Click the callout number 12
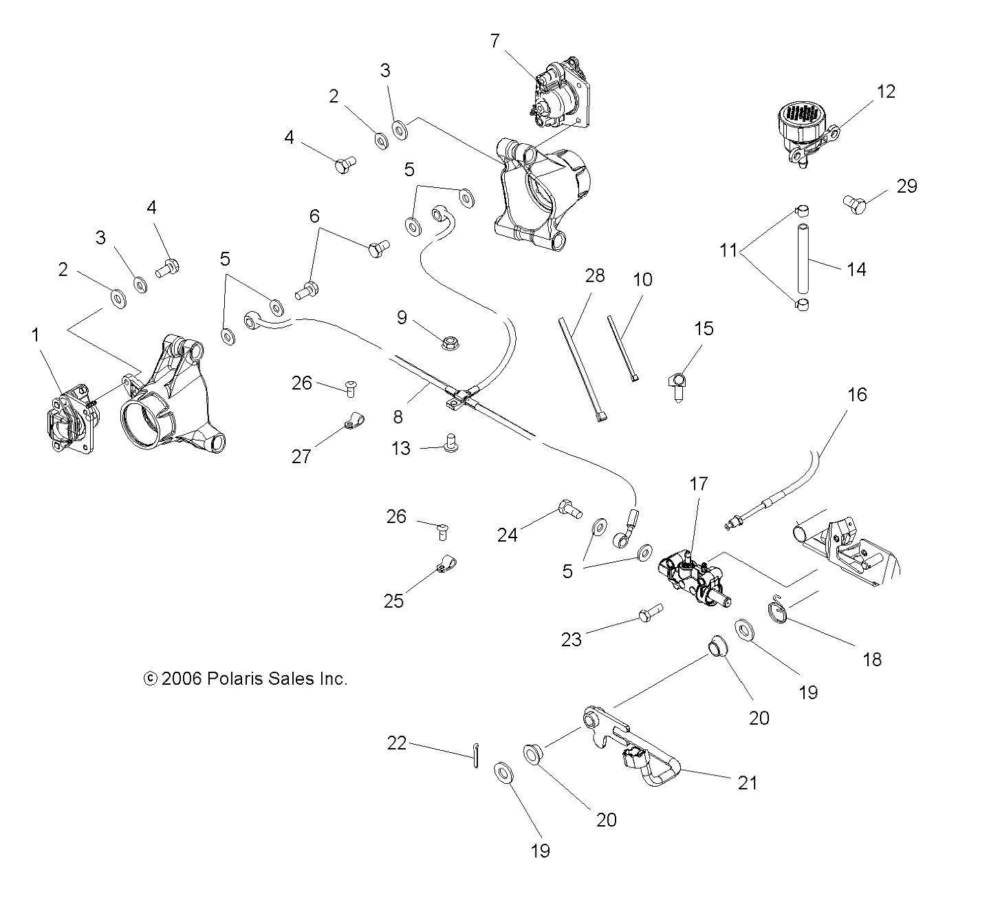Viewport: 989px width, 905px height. point(887,92)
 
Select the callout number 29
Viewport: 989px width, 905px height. point(907,186)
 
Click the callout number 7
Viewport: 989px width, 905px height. point(495,41)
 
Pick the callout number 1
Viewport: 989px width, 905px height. point(36,335)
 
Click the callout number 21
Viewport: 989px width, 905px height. point(747,782)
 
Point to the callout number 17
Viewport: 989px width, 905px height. point(699,484)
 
